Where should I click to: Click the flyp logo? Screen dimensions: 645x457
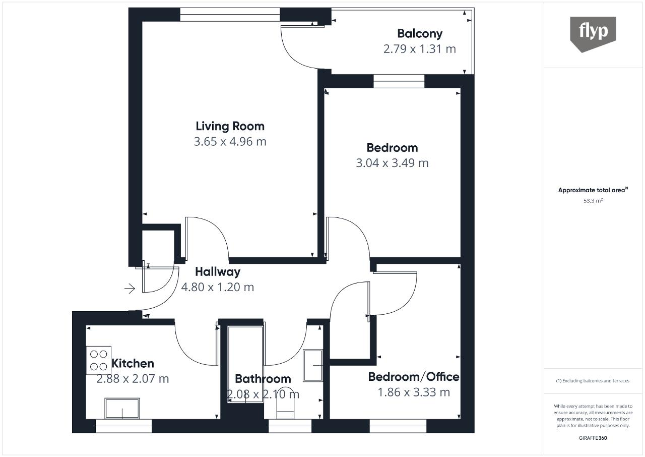click(593, 34)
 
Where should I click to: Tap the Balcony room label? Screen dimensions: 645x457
click(420, 34)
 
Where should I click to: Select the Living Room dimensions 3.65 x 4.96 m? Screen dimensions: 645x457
click(230, 141)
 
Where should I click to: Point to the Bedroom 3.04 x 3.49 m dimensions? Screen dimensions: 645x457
click(392, 163)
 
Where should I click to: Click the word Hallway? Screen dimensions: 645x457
click(218, 272)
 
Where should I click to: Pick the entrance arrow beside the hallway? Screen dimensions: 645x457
click(130, 289)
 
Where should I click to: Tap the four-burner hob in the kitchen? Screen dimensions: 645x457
click(98, 360)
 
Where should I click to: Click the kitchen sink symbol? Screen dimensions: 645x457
click(122, 409)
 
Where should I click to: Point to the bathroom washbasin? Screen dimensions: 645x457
click(313, 365)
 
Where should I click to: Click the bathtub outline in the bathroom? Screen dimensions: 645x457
click(245, 364)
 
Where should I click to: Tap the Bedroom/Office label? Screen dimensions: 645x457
click(414, 377)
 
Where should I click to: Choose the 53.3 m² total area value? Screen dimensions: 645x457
click(593, 201)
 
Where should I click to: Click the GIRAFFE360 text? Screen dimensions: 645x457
click(593, 438)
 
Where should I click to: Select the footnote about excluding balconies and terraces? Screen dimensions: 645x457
click(593, 381)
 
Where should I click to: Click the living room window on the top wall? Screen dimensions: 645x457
click(230, 15)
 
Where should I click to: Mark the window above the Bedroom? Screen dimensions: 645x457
click(399, 81)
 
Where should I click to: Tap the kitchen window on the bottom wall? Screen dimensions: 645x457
click(123, 426)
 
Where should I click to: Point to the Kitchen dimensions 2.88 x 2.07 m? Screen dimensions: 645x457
click(133, 379)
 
